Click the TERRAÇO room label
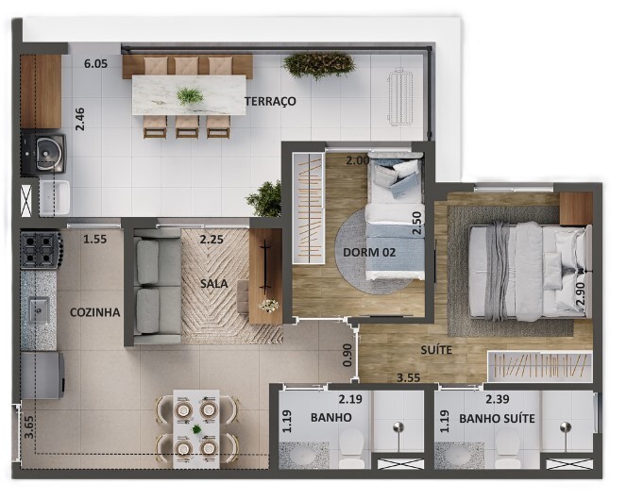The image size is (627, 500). (x=271, y=101)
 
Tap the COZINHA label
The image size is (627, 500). (x=94, y=312)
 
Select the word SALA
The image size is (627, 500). (x=214, y=284)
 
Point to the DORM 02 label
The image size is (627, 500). (x=369, y=253)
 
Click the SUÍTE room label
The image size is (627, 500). (x=436, y=350)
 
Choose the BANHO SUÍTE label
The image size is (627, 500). (x=497, y=419)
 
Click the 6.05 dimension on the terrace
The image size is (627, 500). (x=95, y=63)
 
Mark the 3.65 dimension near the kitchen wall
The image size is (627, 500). (x=28, y=427)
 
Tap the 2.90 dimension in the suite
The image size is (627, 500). (x=580, y=294)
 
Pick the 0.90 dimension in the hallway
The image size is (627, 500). (x=347, y=355)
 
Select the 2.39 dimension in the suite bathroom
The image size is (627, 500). (x=497, y=399)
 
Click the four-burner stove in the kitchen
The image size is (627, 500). (x=41, y=250)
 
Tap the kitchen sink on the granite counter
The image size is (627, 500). (x=40, y=310)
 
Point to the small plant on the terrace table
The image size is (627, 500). (x=189, y=96)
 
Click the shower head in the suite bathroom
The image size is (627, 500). (x=565, y=427)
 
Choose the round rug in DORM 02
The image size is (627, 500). (x=374, y=253)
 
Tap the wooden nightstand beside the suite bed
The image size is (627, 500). (x=576, y=208)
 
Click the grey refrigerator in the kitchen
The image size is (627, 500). (x=42, y=375)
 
